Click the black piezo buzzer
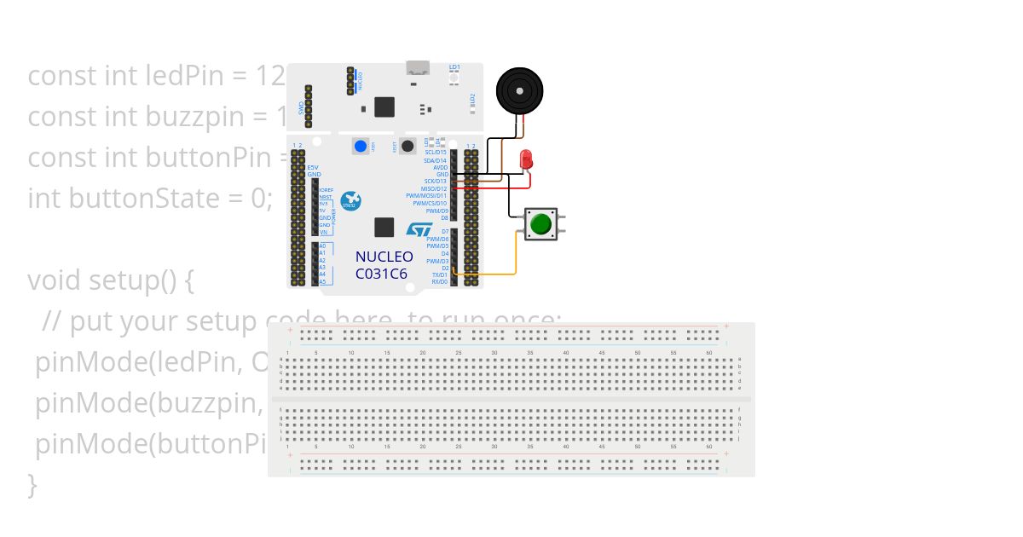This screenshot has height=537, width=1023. pos(520,89)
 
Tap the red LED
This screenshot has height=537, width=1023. pos(527,159)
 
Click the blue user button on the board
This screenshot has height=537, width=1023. pos(360,146)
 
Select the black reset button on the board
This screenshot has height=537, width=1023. pos(407,146)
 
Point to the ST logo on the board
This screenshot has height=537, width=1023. pos(419,230)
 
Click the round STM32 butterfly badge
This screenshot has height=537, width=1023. pos(350,202)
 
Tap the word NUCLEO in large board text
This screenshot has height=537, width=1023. pos(384,257)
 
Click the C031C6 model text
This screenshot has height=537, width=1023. pos(381,274)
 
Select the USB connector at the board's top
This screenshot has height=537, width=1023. pos(418,68)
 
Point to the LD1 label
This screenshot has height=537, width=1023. pos(454,66)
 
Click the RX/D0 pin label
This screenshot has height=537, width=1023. pos(439,281)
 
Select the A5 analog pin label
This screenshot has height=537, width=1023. pos(322,281)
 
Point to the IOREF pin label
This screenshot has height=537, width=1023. pos(325,190)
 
